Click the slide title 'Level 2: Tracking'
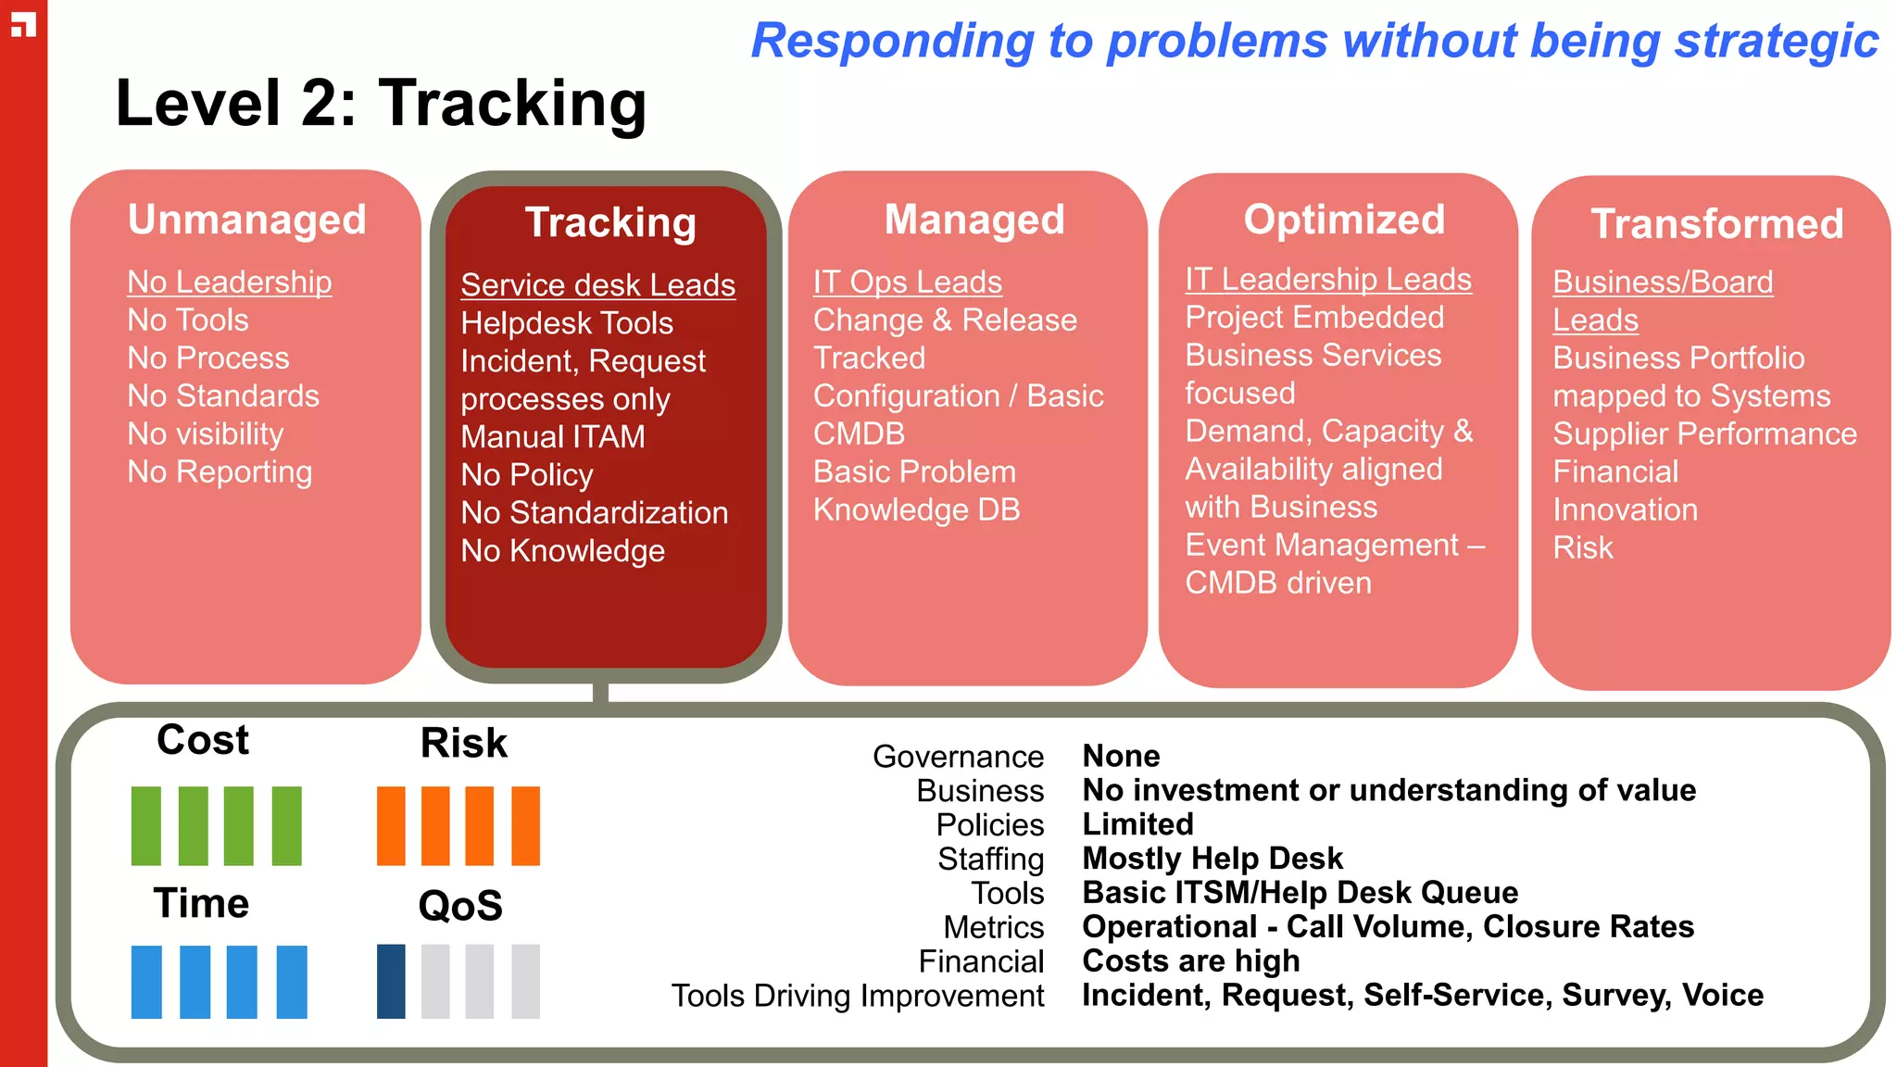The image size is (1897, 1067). (380, 103)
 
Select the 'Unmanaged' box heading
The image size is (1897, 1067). (247, 220)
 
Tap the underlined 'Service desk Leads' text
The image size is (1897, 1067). (597, 285)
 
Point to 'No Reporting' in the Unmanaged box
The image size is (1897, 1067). (220, 472)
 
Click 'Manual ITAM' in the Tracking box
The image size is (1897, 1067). (553, 437)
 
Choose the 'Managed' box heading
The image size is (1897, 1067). (974, 220)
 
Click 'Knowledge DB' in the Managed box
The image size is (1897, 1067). (916, 510)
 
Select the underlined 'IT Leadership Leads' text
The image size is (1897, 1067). (1327, 280)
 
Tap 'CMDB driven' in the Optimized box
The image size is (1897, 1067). (1277, 584)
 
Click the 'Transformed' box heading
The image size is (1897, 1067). (1716, 224)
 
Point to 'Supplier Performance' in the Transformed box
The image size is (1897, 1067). (1704, 434)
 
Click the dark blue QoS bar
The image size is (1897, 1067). (391, 982)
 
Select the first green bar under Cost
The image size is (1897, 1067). (146, 826)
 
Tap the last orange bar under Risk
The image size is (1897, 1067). (525, 826)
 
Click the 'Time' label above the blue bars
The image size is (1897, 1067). (201, 903)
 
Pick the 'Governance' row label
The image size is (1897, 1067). (958, 757)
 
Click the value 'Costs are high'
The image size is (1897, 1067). (1190, 961)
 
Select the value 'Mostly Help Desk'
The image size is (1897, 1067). (1212, 859)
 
